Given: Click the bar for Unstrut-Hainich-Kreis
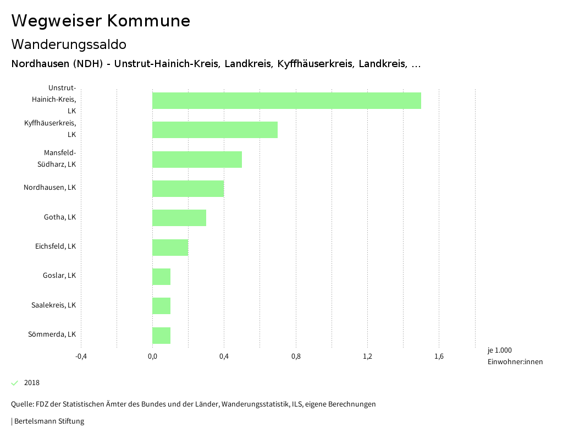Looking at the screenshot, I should click(x=286, y=101).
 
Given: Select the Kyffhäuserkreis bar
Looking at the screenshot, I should click(x=215, y=130).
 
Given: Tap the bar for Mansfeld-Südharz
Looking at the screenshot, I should click(x=197, y=160).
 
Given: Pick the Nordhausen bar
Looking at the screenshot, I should click(x=188, y=189).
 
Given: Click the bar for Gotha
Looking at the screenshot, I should click(x=179, y=218).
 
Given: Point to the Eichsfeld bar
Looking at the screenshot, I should click(x=170, y=248).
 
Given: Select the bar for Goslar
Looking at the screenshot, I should click(x=162, y=277).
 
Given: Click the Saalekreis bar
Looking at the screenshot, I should click(x=162, y=306).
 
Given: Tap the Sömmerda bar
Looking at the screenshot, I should click(x=162, y=336).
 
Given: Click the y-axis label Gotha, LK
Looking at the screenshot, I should click(x=60, y=217).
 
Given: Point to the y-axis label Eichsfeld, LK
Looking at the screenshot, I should click(x=56, y=246).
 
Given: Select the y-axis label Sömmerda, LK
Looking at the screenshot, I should click(x=52, y=334).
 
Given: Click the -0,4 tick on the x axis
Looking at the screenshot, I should click(x=81, y=356).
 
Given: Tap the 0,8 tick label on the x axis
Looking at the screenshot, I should click(x=296, y=356).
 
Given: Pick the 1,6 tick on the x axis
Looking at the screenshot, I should click(x=439, y=356).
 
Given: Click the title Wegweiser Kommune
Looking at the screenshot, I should click(x=101, y=21).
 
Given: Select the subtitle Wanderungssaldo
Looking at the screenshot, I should click(x=69, y=44).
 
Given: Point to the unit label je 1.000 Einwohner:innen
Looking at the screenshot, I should click(x=515, y=356).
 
